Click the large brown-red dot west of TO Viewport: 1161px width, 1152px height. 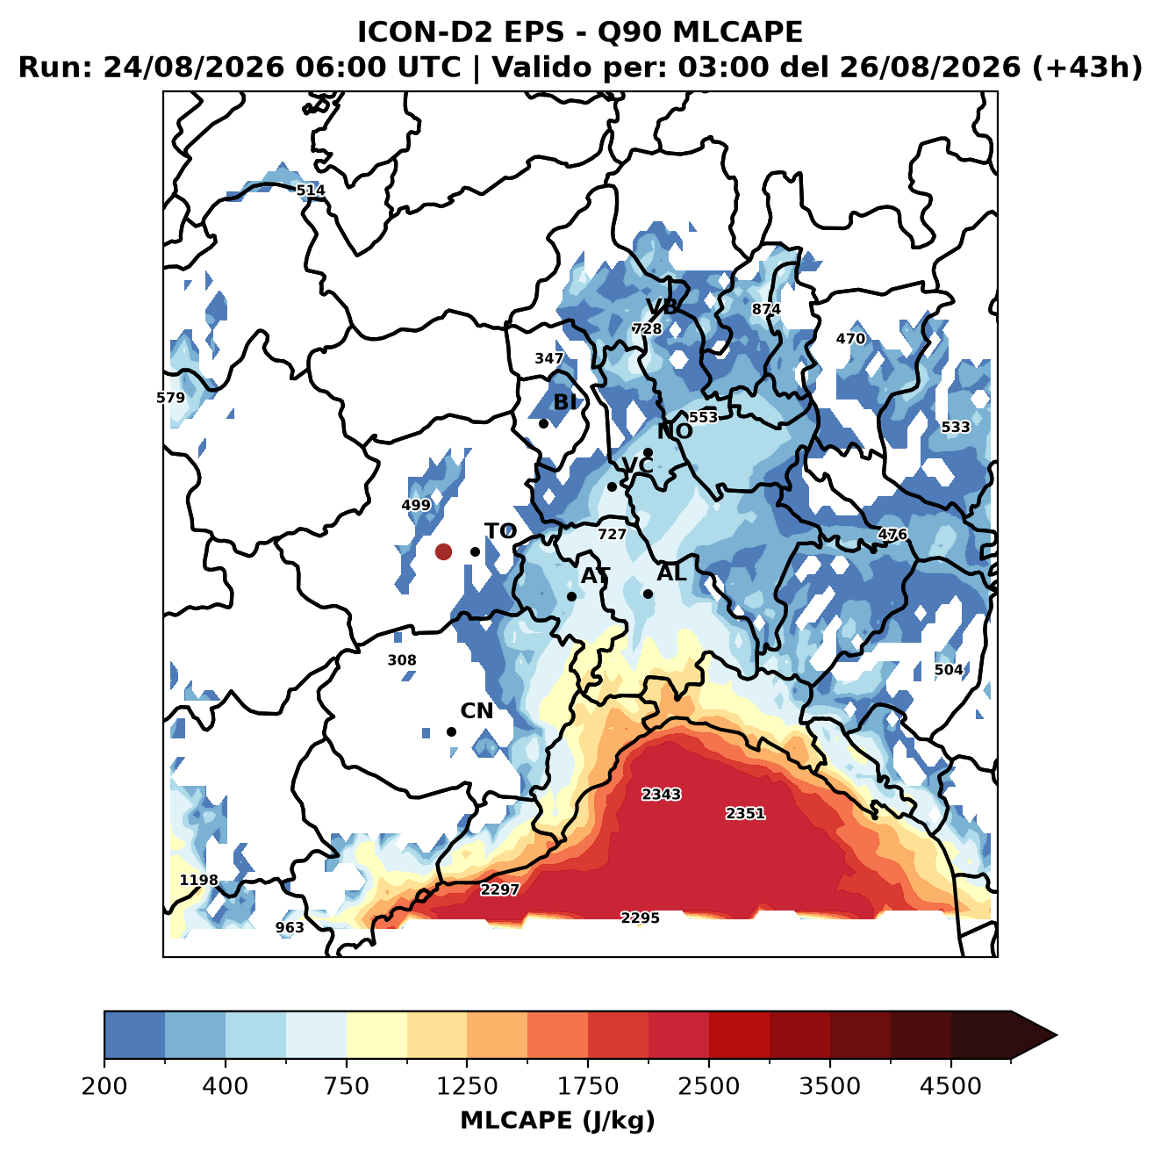point(443,551)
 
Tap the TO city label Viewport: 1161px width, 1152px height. point(501,531)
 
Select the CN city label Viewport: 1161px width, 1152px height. point(477,711)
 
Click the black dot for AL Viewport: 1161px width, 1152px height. point(648,594)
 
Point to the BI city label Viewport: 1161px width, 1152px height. point(564,402)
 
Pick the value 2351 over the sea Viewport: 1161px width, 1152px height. point(745,813)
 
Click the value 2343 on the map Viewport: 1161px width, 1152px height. point(661,794)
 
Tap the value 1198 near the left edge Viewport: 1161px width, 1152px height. point(199,880)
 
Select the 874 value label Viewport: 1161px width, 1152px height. point(766,309)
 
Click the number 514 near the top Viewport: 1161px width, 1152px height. point(311,190)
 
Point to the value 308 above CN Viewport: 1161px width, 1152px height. point(402,659)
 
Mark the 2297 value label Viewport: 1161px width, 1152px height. point(499,889)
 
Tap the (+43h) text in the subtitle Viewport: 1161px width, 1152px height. point(1086,68)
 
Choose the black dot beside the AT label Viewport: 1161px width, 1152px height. point(572,596)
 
